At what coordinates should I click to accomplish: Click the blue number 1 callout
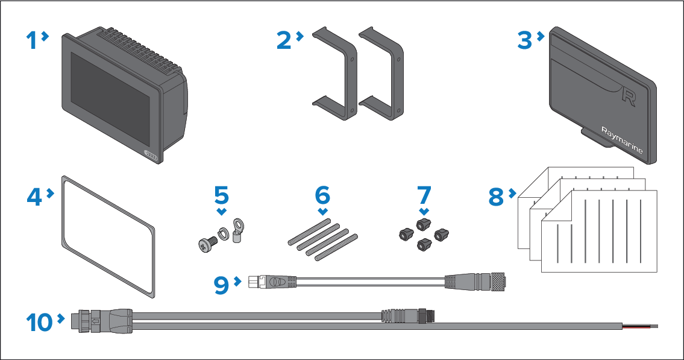[x=32, y=40]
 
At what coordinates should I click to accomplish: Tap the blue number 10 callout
[x=39, y=323]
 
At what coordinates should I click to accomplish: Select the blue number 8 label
[x=496, y=197]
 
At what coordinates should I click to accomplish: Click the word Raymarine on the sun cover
[x=622, y=140]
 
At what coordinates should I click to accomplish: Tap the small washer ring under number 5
[x=223, y=233]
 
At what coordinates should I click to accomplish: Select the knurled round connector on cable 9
[x=497, y=282]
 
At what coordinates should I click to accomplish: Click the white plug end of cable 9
[x=254, y=282]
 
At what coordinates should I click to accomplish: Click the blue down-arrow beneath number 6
[x=323, y=212]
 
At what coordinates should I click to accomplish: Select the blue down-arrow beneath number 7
[x=424, y=212]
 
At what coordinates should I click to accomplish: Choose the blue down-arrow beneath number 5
[x=222, y=212]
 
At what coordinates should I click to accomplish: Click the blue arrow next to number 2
[x=300, y=36]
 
